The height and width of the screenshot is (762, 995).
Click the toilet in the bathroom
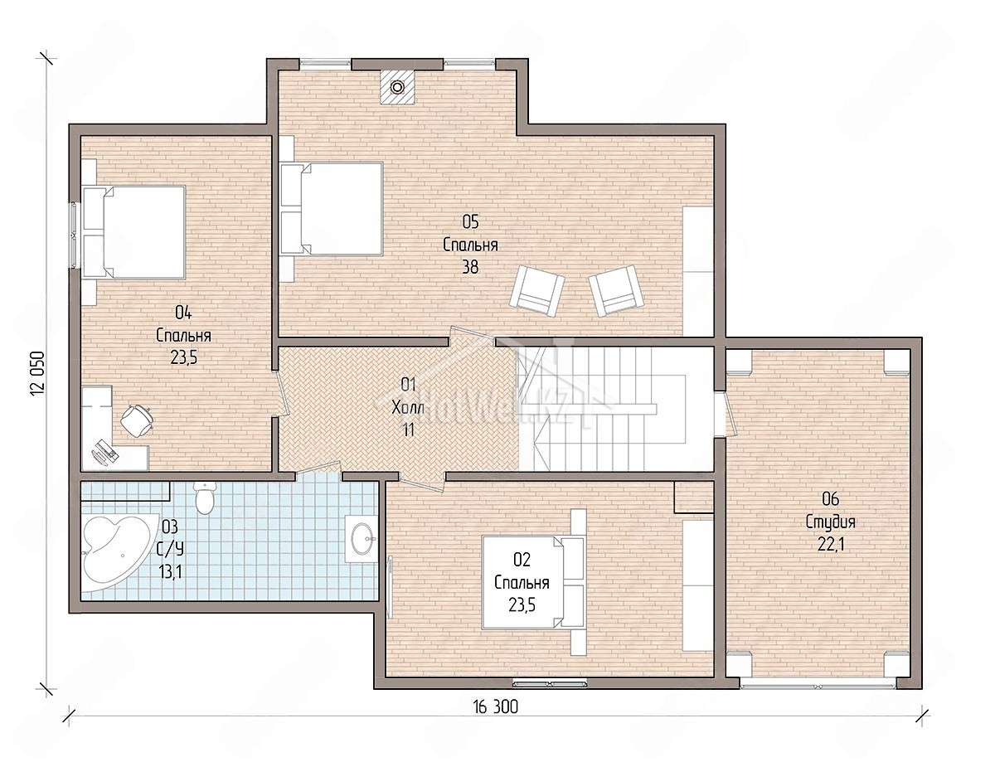point(204,497)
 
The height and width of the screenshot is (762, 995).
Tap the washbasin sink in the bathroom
point(361,538)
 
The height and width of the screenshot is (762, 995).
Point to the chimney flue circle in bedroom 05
point(397,87)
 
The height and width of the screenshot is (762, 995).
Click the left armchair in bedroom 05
point(536,289)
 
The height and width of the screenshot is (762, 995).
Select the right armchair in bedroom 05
point(616,290)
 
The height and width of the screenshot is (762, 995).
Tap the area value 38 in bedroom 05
point(470,266)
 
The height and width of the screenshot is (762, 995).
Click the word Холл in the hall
point(407,407)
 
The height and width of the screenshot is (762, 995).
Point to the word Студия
point(831,522)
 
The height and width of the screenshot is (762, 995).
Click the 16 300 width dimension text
point(496,707)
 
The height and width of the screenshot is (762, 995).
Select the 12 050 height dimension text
point(38,373)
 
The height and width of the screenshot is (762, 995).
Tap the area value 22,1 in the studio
point(831,545)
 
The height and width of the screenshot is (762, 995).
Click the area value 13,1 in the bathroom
point(170,571)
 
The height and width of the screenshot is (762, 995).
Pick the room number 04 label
point(183,313)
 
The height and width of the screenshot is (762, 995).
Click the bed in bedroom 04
point(133,232)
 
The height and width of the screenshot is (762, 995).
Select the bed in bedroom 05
point(332,208)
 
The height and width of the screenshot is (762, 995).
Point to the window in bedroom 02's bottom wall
point(550,684)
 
